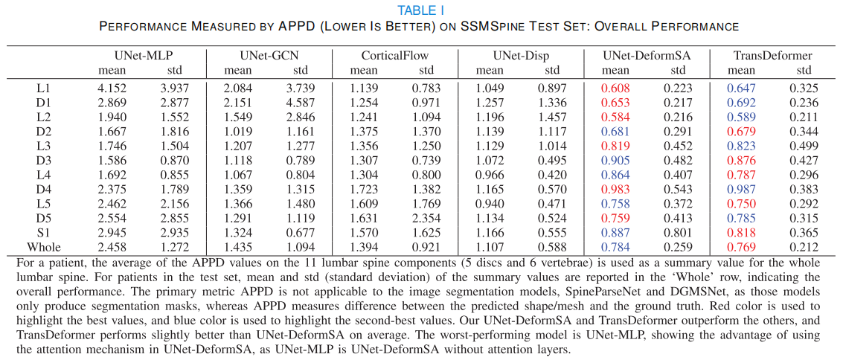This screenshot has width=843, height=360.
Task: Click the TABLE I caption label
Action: click(x=420, y=10)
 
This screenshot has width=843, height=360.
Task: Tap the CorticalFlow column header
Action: click(x=394, y=56)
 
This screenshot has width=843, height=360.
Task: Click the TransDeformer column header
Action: click(x=772, y=56)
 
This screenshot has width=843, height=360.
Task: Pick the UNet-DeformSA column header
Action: click(x=646, y=56)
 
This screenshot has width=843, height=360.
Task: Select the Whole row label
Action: click(x=43, y=247)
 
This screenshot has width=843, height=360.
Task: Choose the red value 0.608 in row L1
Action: click(x=615, y=88)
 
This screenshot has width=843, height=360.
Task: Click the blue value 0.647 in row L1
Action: click(x=740, y=88)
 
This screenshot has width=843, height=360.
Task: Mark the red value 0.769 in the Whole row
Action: click(x=740, y=247)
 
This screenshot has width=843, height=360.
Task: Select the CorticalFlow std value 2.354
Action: click(x=426, y=219)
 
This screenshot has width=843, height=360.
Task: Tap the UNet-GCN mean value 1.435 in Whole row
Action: click(x=238, y=247)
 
